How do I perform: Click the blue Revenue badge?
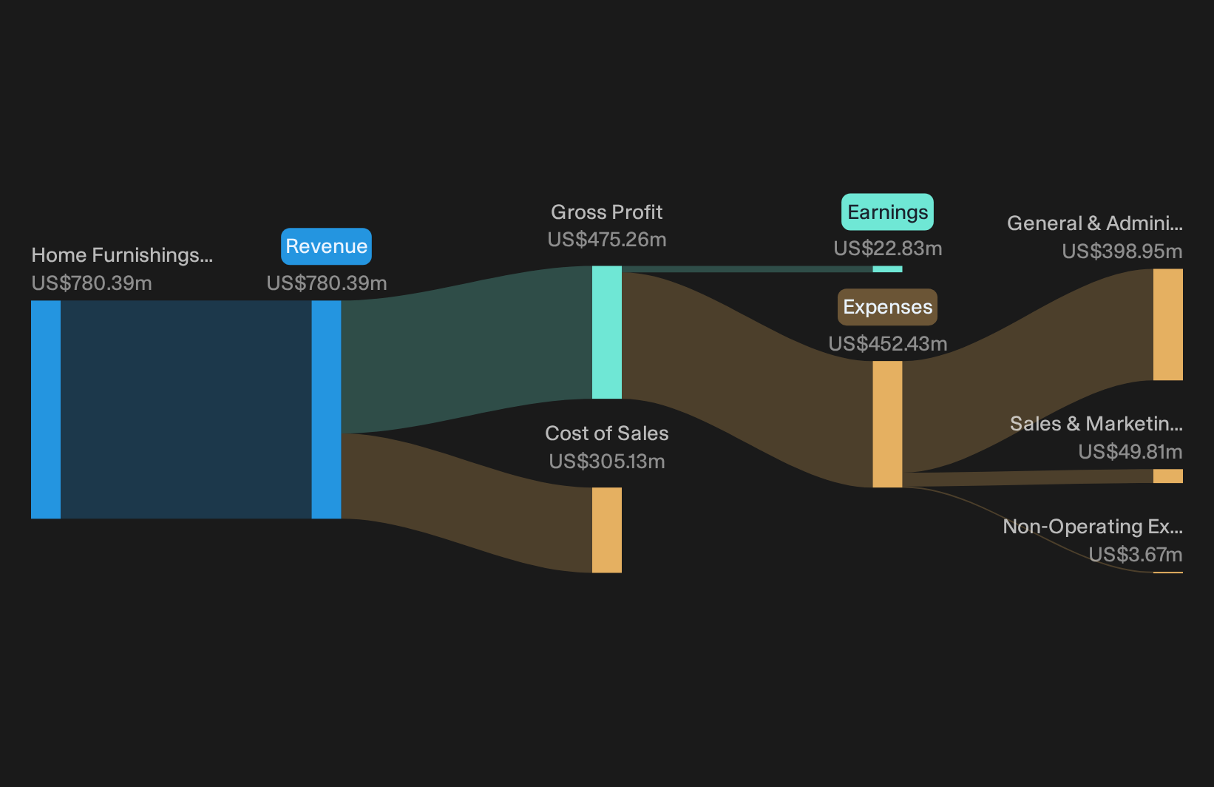(x=326, y=246)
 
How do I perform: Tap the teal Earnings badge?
(x=887, y=212)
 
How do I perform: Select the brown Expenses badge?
(x=887, y=307)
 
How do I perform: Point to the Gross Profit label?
(x=606, y=212)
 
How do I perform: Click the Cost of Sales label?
(x=606, y=433)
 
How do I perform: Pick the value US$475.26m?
(x=606, y=240)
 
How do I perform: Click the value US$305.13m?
(x=606, y=462)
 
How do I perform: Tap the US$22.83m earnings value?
(x=888, y=249)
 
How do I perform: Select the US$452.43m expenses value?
(x=888, y=344)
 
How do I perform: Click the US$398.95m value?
(x=1122, y=251)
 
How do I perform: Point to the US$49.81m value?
(x=1130, y=452)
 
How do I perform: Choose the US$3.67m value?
(x=1136, y=555)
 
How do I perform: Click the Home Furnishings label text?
(x=122, y=255)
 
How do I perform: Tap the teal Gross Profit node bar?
(x=606, y=332)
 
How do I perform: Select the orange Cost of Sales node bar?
(x=606, y=530)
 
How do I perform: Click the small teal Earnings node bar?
(x=887, y=269)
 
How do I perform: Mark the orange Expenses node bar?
(x=887, y=424)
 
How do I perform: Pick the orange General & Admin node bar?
(x=1168, y=325)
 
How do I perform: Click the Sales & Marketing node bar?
(x=1168, y=476)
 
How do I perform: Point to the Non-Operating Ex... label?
(x=1093, y=527)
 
